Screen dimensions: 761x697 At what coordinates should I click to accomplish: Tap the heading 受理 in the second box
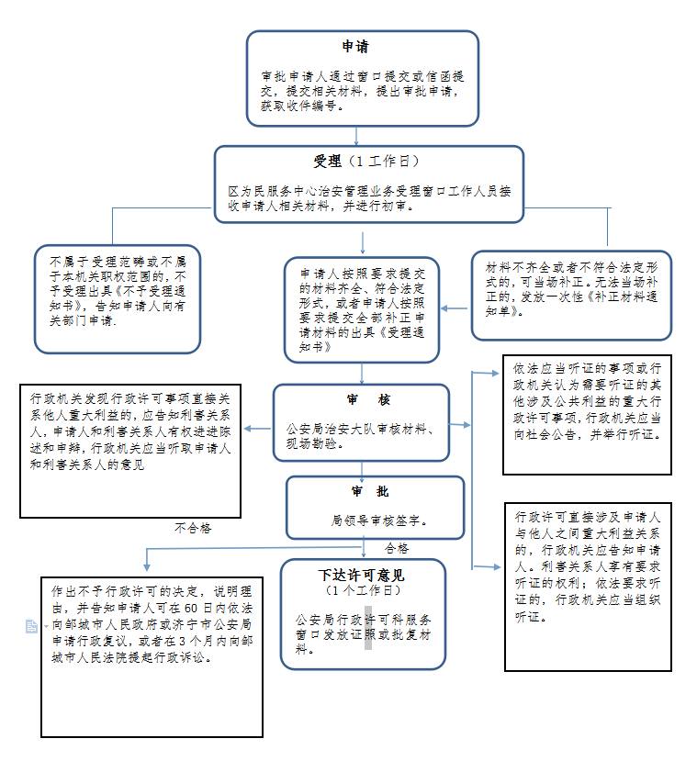[327, 162]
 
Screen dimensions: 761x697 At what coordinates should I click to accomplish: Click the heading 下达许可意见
[361, 576]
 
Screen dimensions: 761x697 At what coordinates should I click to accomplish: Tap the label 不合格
[193, 528]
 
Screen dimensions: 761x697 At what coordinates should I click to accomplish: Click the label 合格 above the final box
[397, 548]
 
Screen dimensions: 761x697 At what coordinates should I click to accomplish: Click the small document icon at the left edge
[32, 626]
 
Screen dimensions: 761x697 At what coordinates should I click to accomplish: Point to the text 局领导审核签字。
[384, 520]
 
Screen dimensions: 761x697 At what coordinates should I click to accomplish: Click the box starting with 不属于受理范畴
[117, 297]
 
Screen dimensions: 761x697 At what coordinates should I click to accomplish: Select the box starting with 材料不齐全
[571, 294]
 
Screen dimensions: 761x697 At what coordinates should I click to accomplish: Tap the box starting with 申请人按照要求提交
[363, 310]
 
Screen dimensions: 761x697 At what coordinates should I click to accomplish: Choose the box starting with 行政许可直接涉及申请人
[588, 585]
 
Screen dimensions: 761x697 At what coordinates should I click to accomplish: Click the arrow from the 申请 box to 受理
[362, 136]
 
